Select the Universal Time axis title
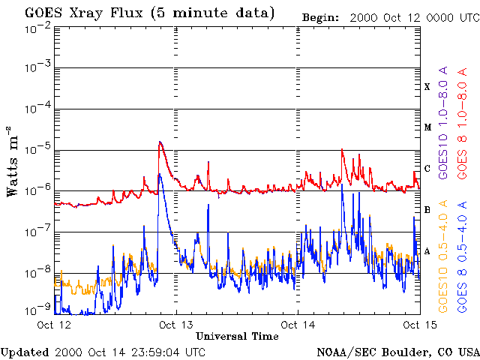[x=237, y=337]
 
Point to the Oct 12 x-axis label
[x=55, y=325]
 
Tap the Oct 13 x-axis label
[x=176, y=325]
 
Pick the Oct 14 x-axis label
[x=298, y=325]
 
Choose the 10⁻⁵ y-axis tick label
[x=36, y=149]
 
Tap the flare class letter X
[x=427, y=87]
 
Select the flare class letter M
[x=427, y=127]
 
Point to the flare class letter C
[x=427, y=169]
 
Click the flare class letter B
[x=427, y=210]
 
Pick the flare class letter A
[x=427, y=251]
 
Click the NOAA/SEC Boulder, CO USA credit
[x=397, y=352]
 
